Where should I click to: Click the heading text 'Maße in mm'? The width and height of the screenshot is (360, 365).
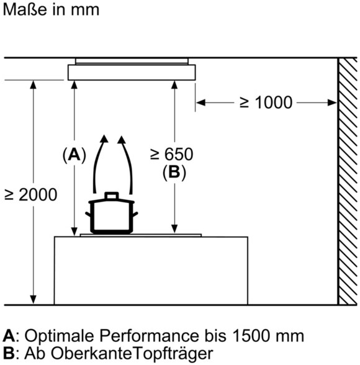51,9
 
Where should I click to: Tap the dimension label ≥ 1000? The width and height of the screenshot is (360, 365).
266,102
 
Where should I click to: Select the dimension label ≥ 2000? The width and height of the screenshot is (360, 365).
30,195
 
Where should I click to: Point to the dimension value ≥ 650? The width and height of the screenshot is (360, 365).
172,154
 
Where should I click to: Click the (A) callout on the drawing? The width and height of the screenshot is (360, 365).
74,155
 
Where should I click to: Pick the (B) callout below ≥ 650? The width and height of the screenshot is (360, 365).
174,173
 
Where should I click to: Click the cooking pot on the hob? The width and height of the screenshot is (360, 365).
112,213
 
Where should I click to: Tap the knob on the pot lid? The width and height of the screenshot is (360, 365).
112,196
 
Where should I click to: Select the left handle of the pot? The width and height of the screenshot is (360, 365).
88,214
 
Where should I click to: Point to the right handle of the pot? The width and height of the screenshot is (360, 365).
135,214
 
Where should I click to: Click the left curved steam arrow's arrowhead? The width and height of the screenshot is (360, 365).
104,139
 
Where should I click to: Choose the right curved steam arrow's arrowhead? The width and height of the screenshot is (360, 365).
121,140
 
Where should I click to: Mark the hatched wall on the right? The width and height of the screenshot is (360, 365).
347,181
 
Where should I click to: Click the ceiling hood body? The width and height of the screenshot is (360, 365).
132,73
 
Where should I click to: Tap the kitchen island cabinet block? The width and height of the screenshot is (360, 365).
151,271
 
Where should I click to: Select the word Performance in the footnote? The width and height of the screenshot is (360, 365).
150,336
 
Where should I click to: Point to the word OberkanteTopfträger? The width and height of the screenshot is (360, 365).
132,354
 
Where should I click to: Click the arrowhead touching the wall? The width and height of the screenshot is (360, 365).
332,102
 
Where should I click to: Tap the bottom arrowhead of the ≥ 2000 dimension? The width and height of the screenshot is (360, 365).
34,300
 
